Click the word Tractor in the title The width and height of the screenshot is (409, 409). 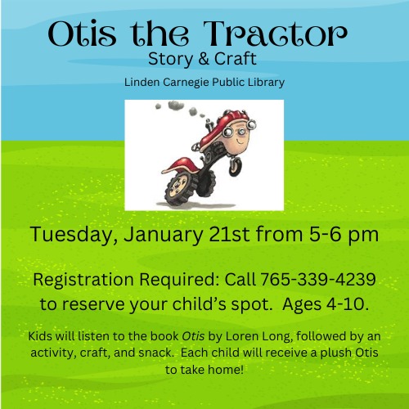click(276, 34)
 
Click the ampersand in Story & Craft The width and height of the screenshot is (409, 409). click(204, 59)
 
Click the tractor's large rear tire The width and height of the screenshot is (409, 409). click(178, 189)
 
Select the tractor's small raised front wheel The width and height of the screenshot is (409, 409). click(236, 166)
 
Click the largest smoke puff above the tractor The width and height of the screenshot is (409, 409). click(176, 105)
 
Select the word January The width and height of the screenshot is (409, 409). click(164, 235)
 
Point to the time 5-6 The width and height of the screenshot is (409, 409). click(325, 234)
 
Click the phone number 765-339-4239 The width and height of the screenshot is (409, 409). click(318, 279)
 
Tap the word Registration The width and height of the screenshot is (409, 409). click(83, 280)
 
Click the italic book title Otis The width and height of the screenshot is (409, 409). click(193, 336)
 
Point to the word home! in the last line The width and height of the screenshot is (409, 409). click(225, 370)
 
